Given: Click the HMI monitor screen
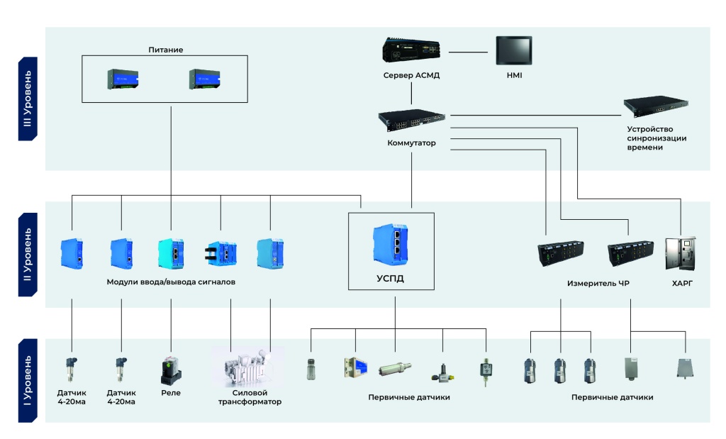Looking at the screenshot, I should coord(515,52).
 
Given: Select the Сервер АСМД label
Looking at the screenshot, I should coord(412,75).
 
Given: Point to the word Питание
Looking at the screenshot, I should coord(165,50).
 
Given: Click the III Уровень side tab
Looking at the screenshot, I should coord(28,99).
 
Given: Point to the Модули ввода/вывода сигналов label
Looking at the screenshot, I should coord(171,282).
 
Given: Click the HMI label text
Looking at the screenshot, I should coord(515,75).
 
